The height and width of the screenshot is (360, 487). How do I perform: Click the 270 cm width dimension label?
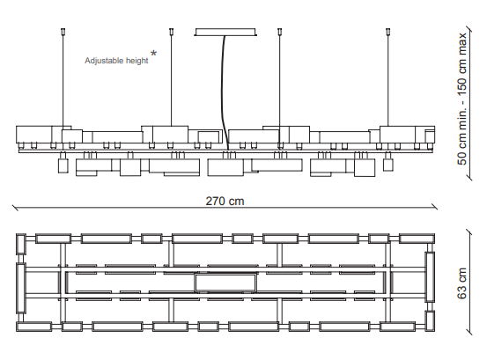[225, 201]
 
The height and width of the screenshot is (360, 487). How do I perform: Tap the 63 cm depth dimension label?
[461, 283]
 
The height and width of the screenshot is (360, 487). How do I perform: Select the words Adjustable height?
[116, 61]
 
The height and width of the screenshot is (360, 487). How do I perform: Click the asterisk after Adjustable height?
[153, 54]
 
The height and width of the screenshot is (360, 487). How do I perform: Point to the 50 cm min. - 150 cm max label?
[461, 99]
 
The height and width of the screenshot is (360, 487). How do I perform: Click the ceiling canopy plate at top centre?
[225, 32]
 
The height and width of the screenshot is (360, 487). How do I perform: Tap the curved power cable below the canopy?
[225, 92]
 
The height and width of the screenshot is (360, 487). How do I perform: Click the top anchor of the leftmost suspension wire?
[63, 31]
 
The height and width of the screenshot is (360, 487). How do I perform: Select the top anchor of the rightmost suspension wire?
[387, 31]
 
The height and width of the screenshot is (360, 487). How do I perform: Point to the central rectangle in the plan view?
[225, 283]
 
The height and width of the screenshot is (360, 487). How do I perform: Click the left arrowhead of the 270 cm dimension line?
[15, 208]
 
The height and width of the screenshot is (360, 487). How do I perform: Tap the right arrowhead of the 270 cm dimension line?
[434, 207]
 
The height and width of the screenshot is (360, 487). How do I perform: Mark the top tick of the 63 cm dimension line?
[469, 232]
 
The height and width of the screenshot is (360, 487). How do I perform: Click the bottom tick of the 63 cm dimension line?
[469, 332]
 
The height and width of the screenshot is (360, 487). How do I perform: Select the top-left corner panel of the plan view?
[20, 244]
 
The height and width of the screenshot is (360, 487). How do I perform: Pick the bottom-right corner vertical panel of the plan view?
[430, 321]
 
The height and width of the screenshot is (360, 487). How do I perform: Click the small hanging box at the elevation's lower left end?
[63, 165]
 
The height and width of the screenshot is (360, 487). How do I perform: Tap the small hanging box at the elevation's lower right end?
[387, 165]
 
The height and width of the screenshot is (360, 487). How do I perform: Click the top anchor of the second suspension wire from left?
[172, 31]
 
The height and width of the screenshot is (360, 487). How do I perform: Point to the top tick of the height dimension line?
[469, 30]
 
